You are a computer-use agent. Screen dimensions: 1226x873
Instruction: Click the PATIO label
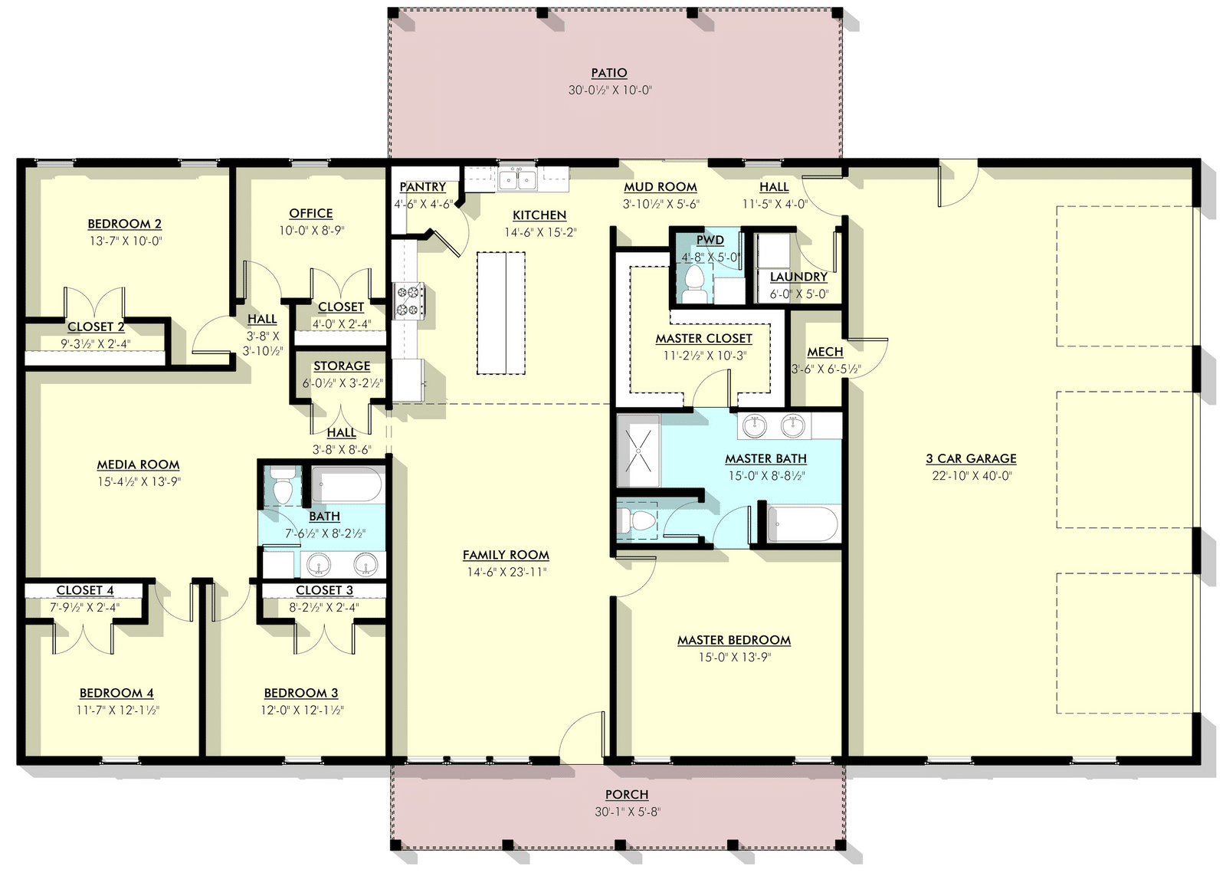click(608, 73)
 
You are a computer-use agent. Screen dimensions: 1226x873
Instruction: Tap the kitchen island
click(501, 313)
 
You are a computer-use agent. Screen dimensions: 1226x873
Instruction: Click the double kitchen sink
click(517, 179)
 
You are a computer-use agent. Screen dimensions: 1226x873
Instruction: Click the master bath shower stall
click(638, 451)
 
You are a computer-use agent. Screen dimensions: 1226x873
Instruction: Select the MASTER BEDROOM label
click(734, 640)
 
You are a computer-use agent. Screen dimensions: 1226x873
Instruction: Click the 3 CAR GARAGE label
click(972, 458)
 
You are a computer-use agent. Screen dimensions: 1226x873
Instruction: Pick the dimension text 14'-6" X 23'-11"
click(506, 573)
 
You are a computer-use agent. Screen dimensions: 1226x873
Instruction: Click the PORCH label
click(627, 794)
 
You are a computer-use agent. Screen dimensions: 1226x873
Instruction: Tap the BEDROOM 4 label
click(116, 693)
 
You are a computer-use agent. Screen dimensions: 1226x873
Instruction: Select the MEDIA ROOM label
click(138, 464)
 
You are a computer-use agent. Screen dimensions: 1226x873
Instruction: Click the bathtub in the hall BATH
click(348, 485)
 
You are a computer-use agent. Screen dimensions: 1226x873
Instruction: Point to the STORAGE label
click(342, 366)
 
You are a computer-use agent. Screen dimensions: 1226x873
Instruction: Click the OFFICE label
click(311, 214)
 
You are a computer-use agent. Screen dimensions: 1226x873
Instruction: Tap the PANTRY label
click(422, 187)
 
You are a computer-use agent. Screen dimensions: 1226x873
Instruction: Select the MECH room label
click(825, 352)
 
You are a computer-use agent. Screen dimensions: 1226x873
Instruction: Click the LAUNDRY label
click(798, 277)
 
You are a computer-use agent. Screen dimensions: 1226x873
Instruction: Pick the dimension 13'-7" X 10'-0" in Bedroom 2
click(126, 241)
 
